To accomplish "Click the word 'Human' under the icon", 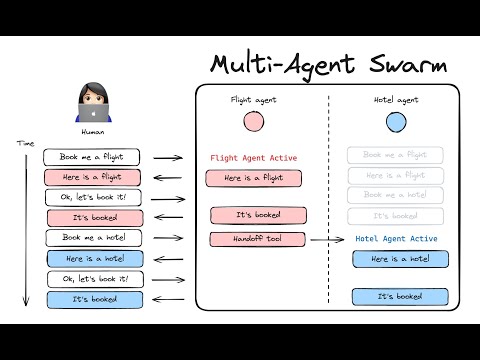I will (x=92, y=131).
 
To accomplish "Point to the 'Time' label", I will (x=27, y=144).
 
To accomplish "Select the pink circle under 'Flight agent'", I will (x=253, y=122).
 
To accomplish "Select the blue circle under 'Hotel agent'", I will (x=396, y=122).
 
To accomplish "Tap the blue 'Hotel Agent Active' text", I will (x=397, y=239).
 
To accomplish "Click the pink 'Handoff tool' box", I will (x=256, y=239).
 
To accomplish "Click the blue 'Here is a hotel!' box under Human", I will (x=94, y=258).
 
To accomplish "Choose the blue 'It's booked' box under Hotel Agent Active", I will (x=399, y=297).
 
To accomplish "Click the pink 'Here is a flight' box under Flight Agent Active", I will (x=253, y=178).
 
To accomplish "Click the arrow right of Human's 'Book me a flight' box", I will (x=168, y=158).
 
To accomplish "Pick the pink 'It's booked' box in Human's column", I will (x=95, y=217).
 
